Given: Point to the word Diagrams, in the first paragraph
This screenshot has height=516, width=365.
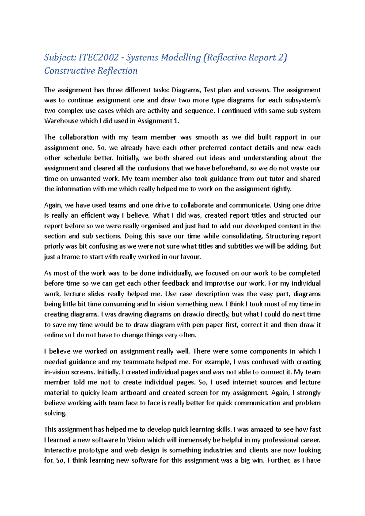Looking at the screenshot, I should (x=186, y=90).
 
